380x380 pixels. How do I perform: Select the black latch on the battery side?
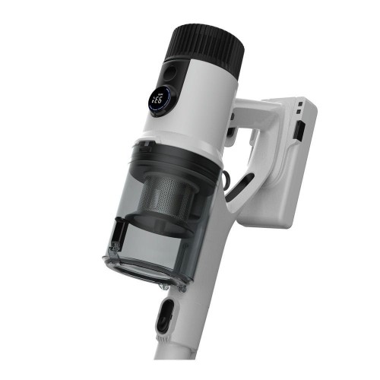click(x=299, y=131)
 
